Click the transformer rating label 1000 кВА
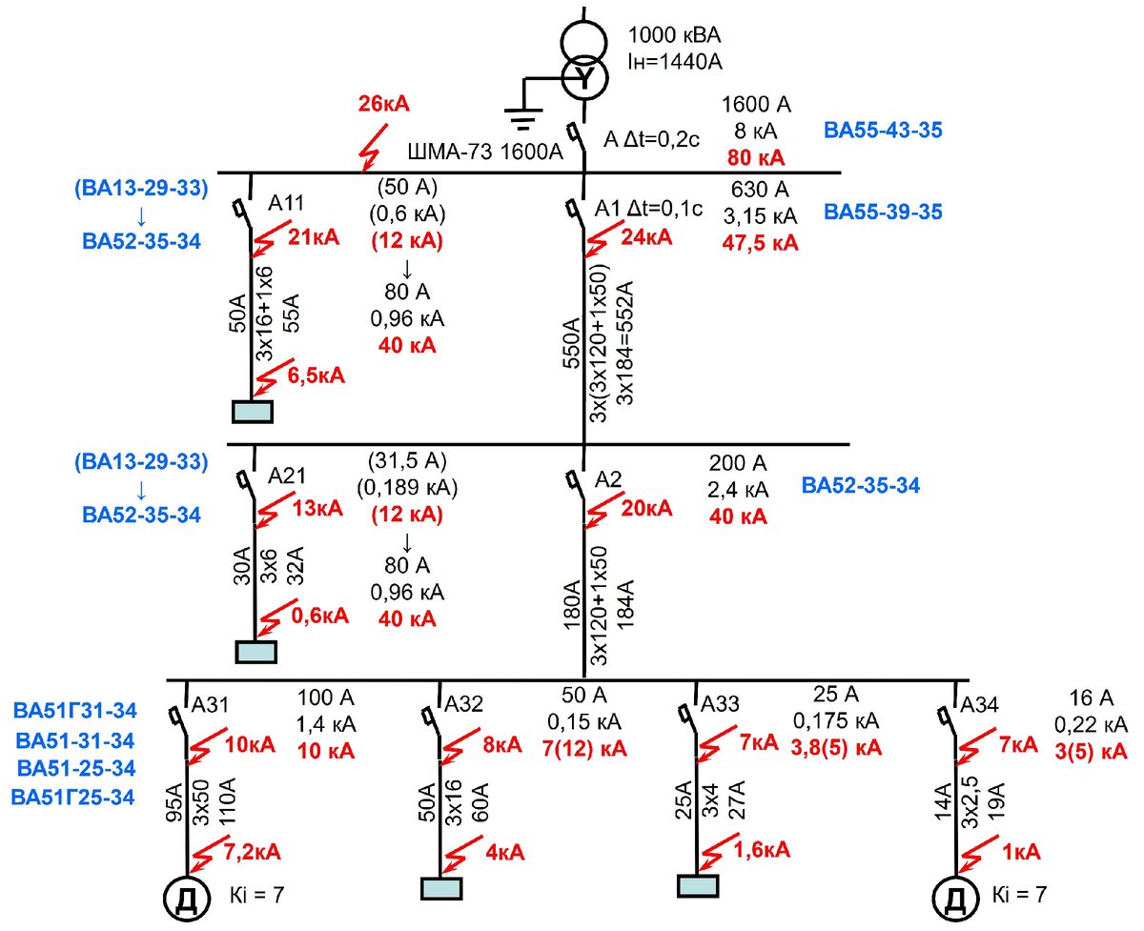click(674, 35)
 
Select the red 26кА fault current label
click(383, 104)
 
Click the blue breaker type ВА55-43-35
click(883, 131)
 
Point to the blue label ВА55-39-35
click(883, 213)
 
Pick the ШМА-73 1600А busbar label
click(485, 152)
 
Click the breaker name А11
click(286, 203)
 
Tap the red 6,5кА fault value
click(316, 375)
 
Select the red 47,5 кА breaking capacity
click(760, 243)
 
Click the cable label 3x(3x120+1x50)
click(599, 343)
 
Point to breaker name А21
click(287, 476)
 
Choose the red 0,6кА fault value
click(319, 616)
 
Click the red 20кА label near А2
click(646, 508)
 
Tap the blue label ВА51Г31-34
click(75, 711)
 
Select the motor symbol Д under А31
click(186, 898)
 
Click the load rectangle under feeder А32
click(441, 888)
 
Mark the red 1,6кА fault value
click(762, 850)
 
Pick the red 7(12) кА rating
click(584, 748)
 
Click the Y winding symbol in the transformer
click(585, 77)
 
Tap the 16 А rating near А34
click(1092, 698)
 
